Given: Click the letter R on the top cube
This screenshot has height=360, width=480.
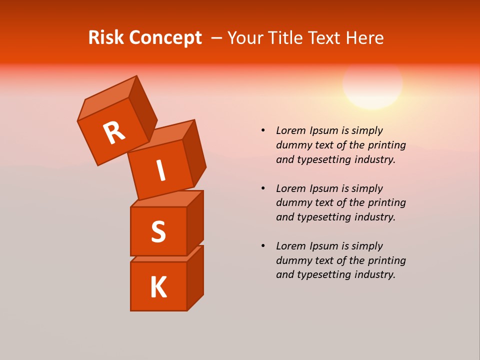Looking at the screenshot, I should pyautogui.click(x=114, y=132).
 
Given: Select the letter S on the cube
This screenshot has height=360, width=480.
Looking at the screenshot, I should pyautogui.click(x=158, y=231).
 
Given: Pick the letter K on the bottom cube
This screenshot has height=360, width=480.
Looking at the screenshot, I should pyautogui.click(x=158, y=287).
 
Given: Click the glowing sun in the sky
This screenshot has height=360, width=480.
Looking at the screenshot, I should pyautogui.click(x=372, y=84).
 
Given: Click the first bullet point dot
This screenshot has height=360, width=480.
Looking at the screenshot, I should pyautogui.click(x=263, y=130).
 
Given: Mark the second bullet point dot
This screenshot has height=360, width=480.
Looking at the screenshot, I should pyautogui.click(x=263, y=188).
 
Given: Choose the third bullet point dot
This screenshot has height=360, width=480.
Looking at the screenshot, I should pyautogui.click(x=263, y=246).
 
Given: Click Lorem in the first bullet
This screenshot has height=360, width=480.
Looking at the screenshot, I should pyautogui.click(x=290, y=130).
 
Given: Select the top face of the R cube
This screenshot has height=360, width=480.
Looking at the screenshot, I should pyautogui.click(x=107, y=98).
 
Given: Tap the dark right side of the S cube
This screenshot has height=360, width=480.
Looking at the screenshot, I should pyautogui.click(x=195, y=223).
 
